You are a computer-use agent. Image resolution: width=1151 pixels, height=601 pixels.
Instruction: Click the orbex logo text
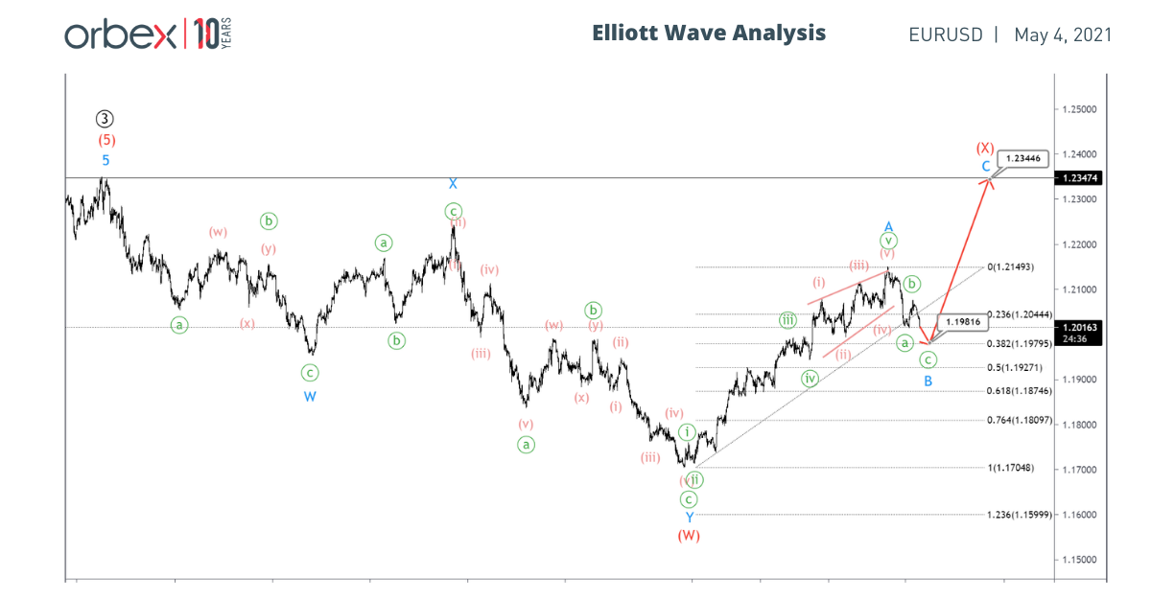click(120, 35)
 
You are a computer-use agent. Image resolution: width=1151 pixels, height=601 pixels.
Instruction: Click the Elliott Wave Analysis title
click(709, 33)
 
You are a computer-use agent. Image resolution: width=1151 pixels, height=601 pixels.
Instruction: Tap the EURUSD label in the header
click(946, 35)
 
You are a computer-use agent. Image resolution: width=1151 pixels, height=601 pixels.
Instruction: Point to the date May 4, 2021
click(1063, 35)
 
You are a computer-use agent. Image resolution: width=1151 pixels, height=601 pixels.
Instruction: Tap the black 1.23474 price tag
click(1082, 178)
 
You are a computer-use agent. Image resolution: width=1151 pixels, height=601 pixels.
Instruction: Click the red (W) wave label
click(689, 536)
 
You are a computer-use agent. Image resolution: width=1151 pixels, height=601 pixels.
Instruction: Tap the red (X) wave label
click(985, 149)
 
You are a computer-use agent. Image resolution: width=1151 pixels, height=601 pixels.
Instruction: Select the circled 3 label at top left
click(106, 119)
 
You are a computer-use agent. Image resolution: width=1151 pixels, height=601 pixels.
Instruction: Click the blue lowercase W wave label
click(310, 396)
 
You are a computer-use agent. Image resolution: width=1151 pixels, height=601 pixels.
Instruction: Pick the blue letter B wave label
click(928, 381)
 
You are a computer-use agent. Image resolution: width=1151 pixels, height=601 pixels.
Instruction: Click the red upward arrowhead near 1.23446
click(989, 182)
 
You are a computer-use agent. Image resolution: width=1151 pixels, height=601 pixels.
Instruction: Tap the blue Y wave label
click(689, 518)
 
